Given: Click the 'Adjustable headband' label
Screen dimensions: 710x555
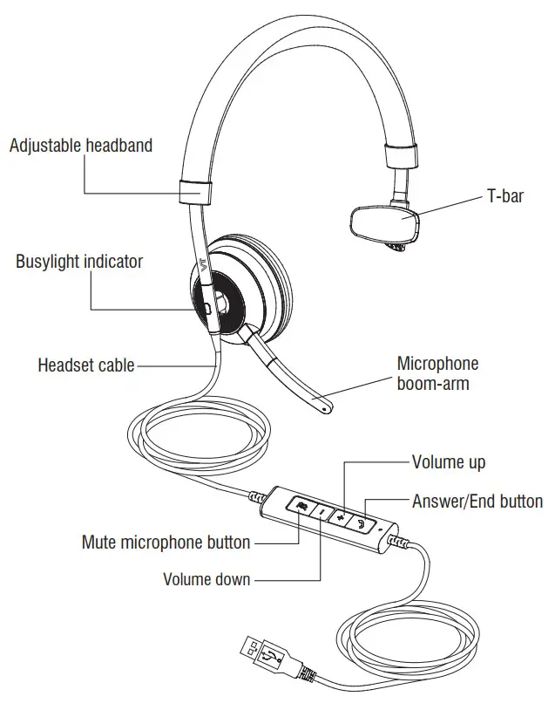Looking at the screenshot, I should click(80, 145).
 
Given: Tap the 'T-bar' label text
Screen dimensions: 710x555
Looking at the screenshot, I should click(504, 196).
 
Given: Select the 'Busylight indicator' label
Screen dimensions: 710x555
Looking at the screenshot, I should click(79, 262).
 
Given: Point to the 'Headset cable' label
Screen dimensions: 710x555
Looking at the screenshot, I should click(85, 365).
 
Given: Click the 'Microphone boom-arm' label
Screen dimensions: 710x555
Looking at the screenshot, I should click(437, 372).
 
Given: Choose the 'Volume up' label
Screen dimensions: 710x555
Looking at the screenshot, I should click(448, 461).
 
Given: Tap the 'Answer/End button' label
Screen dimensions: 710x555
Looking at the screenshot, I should click(477, 502).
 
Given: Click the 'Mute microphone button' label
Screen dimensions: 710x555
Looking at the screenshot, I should click(166, 543).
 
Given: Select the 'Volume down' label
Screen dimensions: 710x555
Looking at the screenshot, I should click(206, 579).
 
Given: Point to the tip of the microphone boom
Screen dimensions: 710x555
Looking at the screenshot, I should click(326, 406).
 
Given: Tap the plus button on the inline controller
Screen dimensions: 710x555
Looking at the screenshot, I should click(342, 518).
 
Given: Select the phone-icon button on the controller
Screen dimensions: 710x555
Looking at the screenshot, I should click(362, 524).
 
